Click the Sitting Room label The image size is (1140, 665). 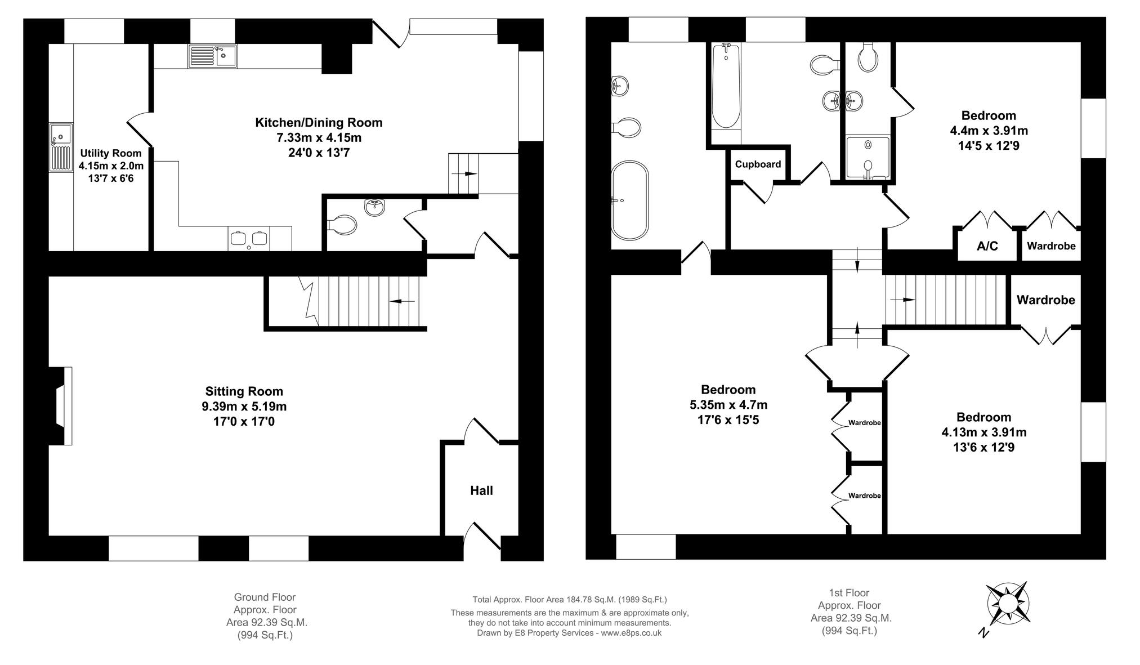tap(244, 391)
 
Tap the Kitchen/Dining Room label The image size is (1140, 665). tap(319, 123)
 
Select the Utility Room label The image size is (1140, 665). tap(111, 153)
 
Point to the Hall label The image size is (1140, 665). tap(481, 490)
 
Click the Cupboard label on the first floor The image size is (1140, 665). tap(758, 164)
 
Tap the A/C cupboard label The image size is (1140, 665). tap(987, 246)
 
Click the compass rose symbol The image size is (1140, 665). tap(1008, 605)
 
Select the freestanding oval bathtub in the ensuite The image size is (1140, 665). tap(630, 200)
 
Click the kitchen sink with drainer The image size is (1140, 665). tap(213, 56)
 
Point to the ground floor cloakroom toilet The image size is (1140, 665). tap(342, 226)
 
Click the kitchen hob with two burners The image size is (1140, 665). tap(249, 238)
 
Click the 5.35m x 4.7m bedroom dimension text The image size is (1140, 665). tap(728, 405)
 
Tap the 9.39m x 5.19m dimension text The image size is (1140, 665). tap(244, 407)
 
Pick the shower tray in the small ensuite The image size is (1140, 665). tap(868, 158)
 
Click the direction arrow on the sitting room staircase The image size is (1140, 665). tap(403, 301)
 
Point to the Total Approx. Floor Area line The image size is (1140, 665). tap(569, 600)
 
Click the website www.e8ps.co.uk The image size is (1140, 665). tap(631, 633)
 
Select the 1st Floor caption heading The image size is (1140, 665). tap(849, 593)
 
